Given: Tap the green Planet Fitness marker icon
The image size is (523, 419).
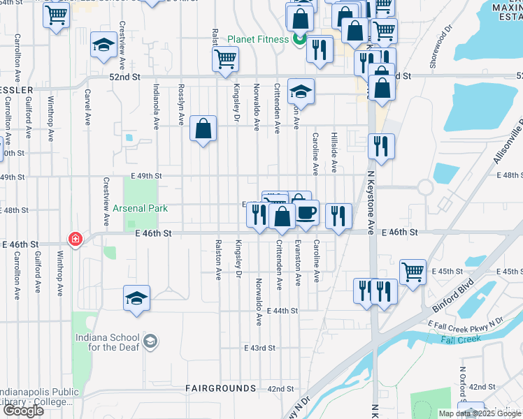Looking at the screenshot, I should coord(299,39).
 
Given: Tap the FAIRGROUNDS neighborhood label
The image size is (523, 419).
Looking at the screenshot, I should coord(220,388).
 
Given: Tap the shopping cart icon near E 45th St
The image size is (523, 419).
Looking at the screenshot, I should coord(413,271).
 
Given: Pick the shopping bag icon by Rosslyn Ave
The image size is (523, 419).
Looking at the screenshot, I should coord(203,128).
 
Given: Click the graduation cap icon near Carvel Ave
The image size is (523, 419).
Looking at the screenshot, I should coord(103,46).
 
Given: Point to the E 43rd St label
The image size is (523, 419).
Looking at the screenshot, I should coord(260,348).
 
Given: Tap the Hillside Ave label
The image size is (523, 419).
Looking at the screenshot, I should coord(335,152).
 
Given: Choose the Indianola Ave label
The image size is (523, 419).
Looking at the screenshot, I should coord(156,107).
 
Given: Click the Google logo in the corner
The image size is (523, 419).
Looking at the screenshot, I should coord(23,411).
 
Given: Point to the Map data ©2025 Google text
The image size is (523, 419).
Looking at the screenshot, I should coord(480,413).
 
